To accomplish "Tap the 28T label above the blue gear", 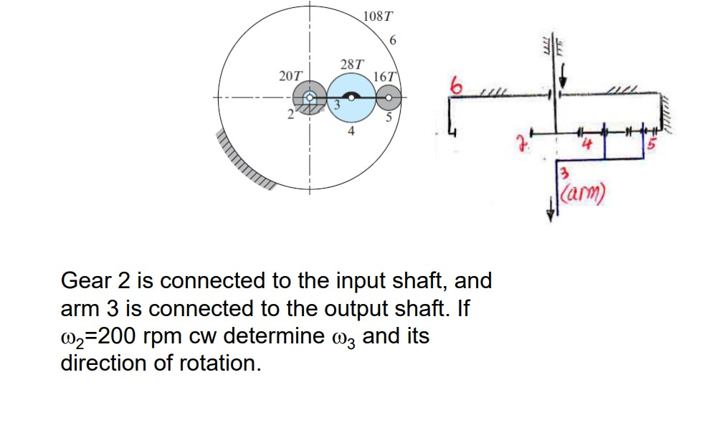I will point(351,64).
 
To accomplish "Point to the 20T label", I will point(290,75).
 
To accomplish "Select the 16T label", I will point(385,76).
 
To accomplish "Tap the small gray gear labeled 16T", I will point(389,96).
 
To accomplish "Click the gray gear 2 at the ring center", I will point(310,98).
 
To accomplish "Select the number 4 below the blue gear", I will point(351,131).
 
